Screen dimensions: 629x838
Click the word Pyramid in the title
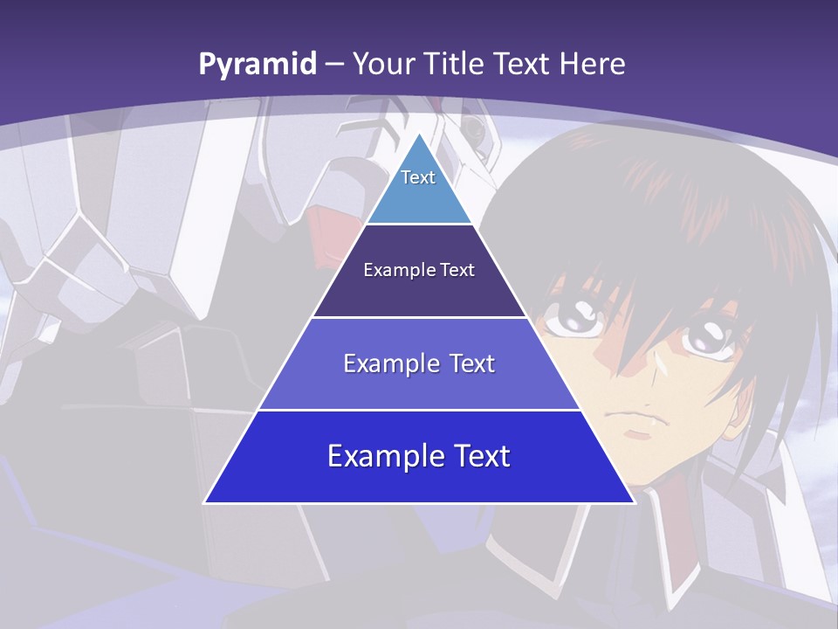(x=257, y=65)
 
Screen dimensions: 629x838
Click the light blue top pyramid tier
(x=419, y=188)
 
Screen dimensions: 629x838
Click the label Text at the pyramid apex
(x=418, y=177)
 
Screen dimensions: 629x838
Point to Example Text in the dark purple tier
(x=419, y=270)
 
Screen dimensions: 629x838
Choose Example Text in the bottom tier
(x=419, y=456)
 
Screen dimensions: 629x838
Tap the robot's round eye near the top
(x=474, y=128)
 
